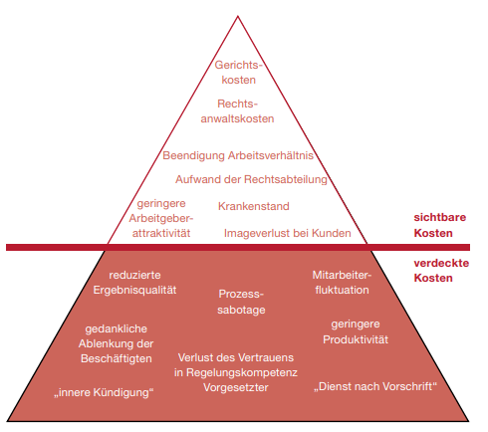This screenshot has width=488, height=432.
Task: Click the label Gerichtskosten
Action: (x=238, y=72)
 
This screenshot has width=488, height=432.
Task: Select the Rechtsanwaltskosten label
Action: (x=237, y=111)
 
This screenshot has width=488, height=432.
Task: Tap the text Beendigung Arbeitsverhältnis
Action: (x=238, y=155)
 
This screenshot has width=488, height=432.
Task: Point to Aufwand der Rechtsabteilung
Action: (x=251, y=179)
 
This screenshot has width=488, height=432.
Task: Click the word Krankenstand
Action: (x=254, y=206)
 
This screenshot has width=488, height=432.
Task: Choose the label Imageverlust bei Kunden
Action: (x=288, y=233)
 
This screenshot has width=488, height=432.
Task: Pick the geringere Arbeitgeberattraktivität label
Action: (x=161, y=218)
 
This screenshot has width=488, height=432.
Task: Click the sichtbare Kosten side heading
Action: (x=440, y=225)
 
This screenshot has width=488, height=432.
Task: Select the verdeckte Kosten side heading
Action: (x=441, y=271)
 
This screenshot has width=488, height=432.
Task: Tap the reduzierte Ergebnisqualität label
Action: (x=134, y=283)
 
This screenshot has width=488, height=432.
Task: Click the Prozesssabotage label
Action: (x=241, y=302)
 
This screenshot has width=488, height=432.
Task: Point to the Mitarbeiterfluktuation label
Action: (x=342, y=283)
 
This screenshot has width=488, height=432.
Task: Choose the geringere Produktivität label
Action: (x=356, y=331)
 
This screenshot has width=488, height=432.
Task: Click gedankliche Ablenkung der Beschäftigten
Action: (x=117, y=343)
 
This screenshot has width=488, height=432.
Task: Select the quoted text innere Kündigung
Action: (x=104, y=392)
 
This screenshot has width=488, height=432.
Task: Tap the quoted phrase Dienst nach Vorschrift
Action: (x=375, y=386)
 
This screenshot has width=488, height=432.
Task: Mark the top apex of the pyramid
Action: (x=238, y=16)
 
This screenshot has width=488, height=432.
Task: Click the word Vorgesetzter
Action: (x=236, y=387)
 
